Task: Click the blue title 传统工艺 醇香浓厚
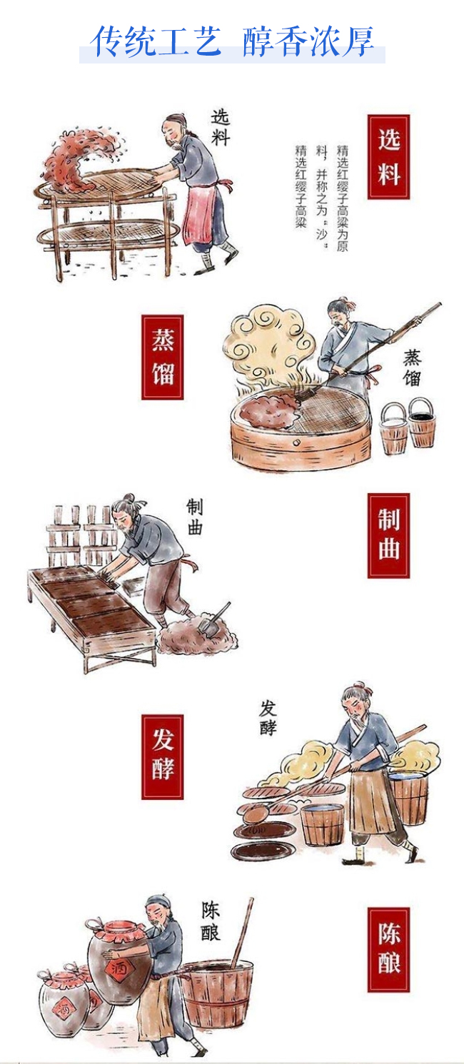[233, 41]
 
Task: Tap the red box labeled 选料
[388, 157]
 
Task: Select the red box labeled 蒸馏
[162, 357]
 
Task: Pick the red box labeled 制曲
[388, 535]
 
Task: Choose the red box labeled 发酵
[162, 756]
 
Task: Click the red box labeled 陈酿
[388, 950]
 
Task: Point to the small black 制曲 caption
[194, 517]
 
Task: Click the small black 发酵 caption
[268, 718]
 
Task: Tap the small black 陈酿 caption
[211, 921]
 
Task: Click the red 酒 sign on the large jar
[116, 969]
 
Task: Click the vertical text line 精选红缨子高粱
[301, 187]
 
